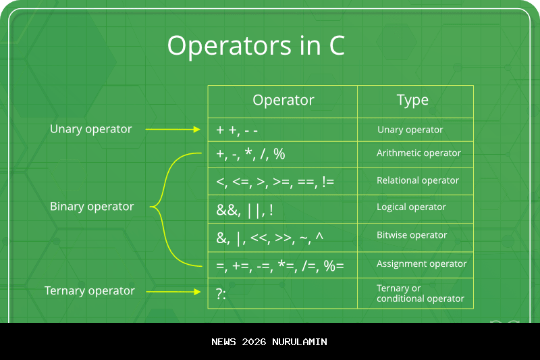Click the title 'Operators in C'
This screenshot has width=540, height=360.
point(256,46)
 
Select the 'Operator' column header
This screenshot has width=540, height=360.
point(283,100)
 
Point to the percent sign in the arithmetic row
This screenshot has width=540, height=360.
point(279,153)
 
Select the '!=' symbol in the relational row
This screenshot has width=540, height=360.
point(328,181)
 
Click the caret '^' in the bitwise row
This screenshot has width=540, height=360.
point(319,236)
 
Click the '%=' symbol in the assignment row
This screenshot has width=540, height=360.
point(333,266)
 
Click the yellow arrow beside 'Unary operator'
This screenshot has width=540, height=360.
point(173,129)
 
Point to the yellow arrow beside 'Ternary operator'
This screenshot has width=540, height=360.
point(173,292)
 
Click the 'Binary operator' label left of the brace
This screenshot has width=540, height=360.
point(92,207)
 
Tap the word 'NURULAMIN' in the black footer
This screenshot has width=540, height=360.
point(300,342)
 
